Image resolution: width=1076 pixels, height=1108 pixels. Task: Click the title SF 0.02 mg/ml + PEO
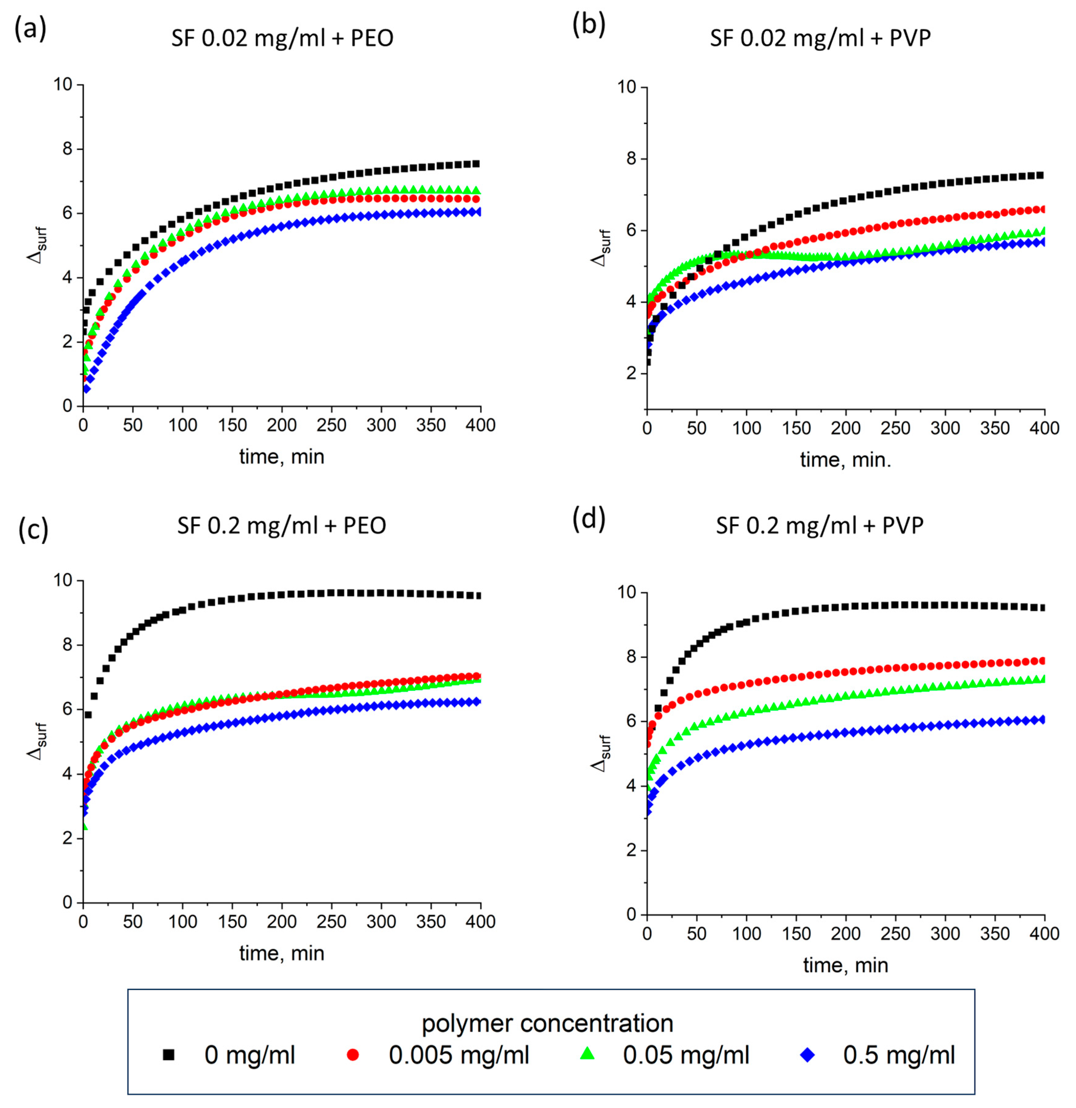coord(282,38)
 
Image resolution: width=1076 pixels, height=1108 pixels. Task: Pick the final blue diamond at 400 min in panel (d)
coord(1041,720)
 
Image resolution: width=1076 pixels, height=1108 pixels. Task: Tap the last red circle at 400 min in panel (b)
coord(1041,210)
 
